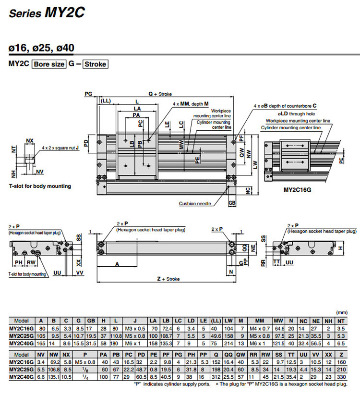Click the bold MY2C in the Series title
click(65, 13)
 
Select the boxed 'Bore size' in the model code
click(48, 64)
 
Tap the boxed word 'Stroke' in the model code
click(95, 64)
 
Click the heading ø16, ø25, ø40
click(41, 48)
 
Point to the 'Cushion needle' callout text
click(195, 204)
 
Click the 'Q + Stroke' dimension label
click(160, 94)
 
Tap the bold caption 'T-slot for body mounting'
click(39, 186)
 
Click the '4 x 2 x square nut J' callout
click(60, 148)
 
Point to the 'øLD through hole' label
click(288, 114)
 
